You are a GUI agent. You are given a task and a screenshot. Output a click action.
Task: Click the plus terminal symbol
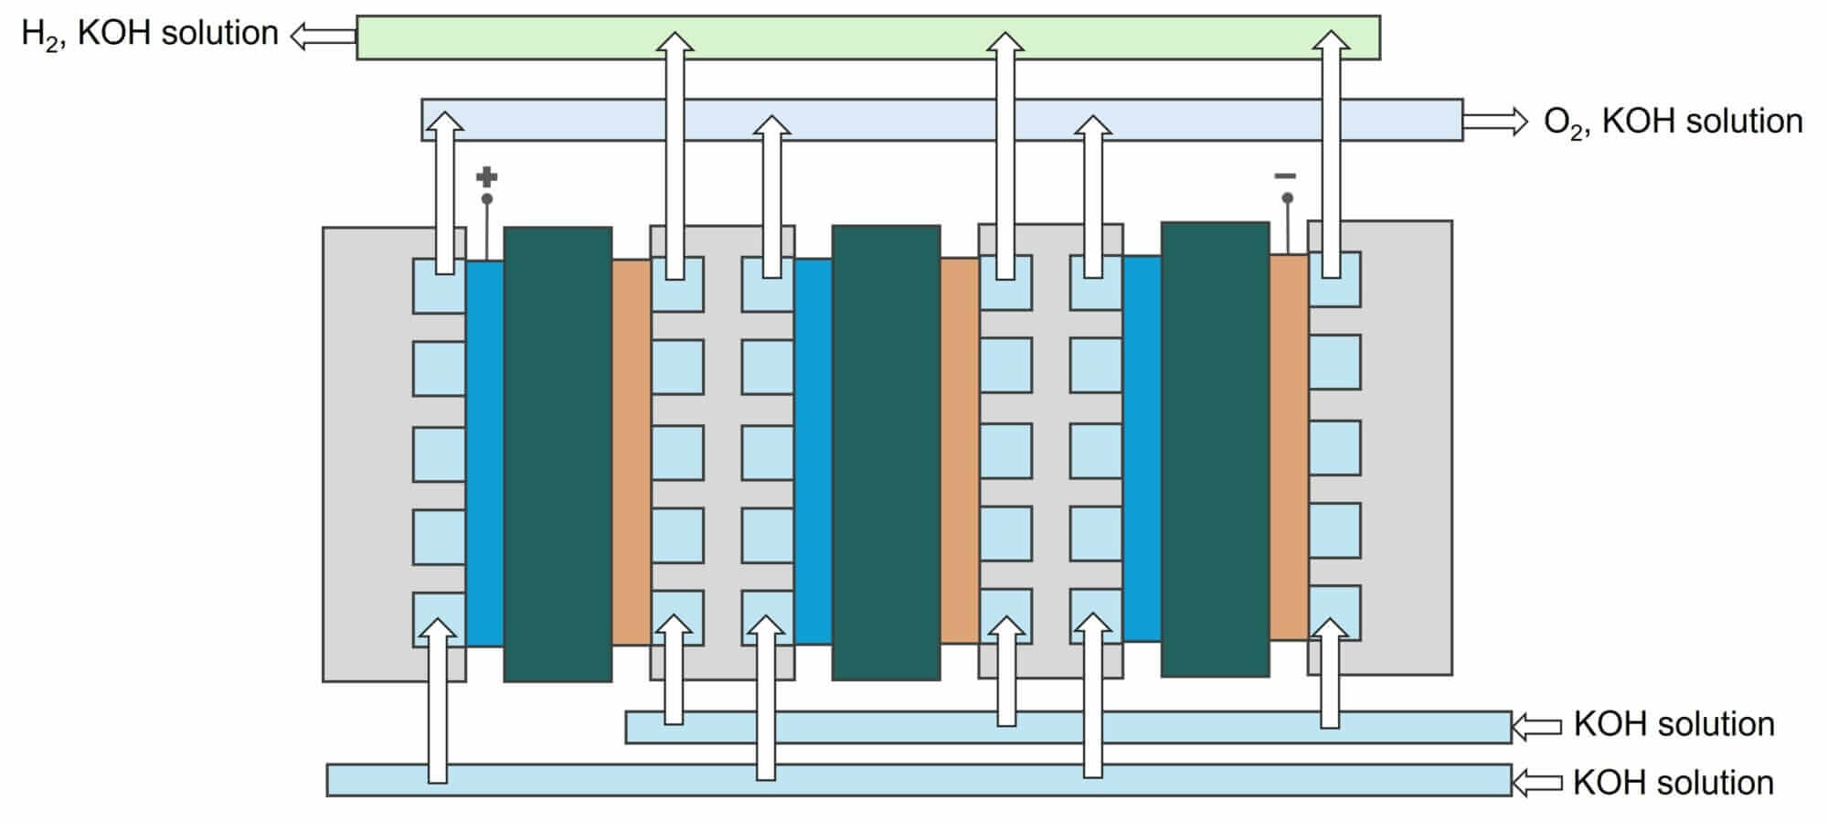click(487, 176)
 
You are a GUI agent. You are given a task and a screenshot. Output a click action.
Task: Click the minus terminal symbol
click(1285, 176)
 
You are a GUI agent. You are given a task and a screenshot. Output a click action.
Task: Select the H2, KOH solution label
click(149, 35)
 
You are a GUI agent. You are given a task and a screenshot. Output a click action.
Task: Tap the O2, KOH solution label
click(1673, 122)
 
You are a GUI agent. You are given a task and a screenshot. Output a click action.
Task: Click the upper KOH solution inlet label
click(1674, 724)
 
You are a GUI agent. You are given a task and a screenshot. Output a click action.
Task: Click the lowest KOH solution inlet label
click(1673, 783)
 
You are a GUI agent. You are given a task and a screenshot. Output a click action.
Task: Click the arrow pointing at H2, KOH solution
click(323, 36)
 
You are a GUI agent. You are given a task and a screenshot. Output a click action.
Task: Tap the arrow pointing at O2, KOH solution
click(1495, 121)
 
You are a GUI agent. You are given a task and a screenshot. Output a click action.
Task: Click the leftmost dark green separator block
click(558, 454)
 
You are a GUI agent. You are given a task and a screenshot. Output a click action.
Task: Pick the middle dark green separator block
click(886, 453)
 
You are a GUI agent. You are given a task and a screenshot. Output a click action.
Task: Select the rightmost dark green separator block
click(1215, 449)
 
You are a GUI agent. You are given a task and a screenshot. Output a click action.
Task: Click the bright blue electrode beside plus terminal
click(484, 454)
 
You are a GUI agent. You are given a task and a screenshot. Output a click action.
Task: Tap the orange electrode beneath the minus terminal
click(1289, 447)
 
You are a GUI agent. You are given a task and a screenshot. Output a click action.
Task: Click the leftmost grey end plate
click(366, 454)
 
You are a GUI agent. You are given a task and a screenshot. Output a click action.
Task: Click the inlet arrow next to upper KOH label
click(1536, 727)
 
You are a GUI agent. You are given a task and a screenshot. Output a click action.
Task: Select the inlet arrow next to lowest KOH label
click(1536, 783)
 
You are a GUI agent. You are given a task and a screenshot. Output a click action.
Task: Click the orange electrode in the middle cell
click(959, 451)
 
